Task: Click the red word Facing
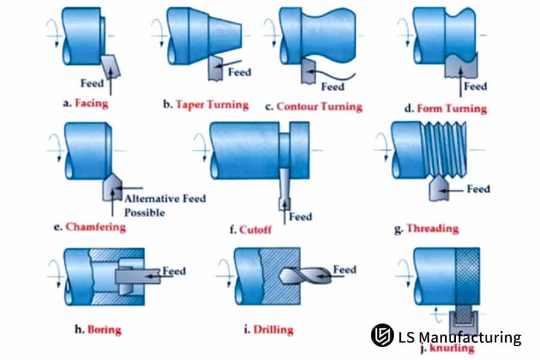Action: pos(91,103)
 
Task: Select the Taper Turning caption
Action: pos(212,105)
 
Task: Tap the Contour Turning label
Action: pos(320,107)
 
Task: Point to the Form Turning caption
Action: pos(452,109)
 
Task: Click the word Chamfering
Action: pos(96,227)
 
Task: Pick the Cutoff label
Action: pos(255,229)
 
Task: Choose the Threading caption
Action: pos(433,229)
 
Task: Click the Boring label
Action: pos(104,329)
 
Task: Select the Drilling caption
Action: pos(274,329)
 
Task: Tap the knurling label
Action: pos(452,348)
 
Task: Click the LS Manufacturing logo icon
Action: pos(382,335)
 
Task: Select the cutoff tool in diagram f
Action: pos(284,189)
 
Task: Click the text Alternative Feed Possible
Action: pos(165,206)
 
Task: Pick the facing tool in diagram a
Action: pos(112,66)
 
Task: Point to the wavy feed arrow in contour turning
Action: pos(331,75)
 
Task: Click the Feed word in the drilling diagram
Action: pos(345,269)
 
